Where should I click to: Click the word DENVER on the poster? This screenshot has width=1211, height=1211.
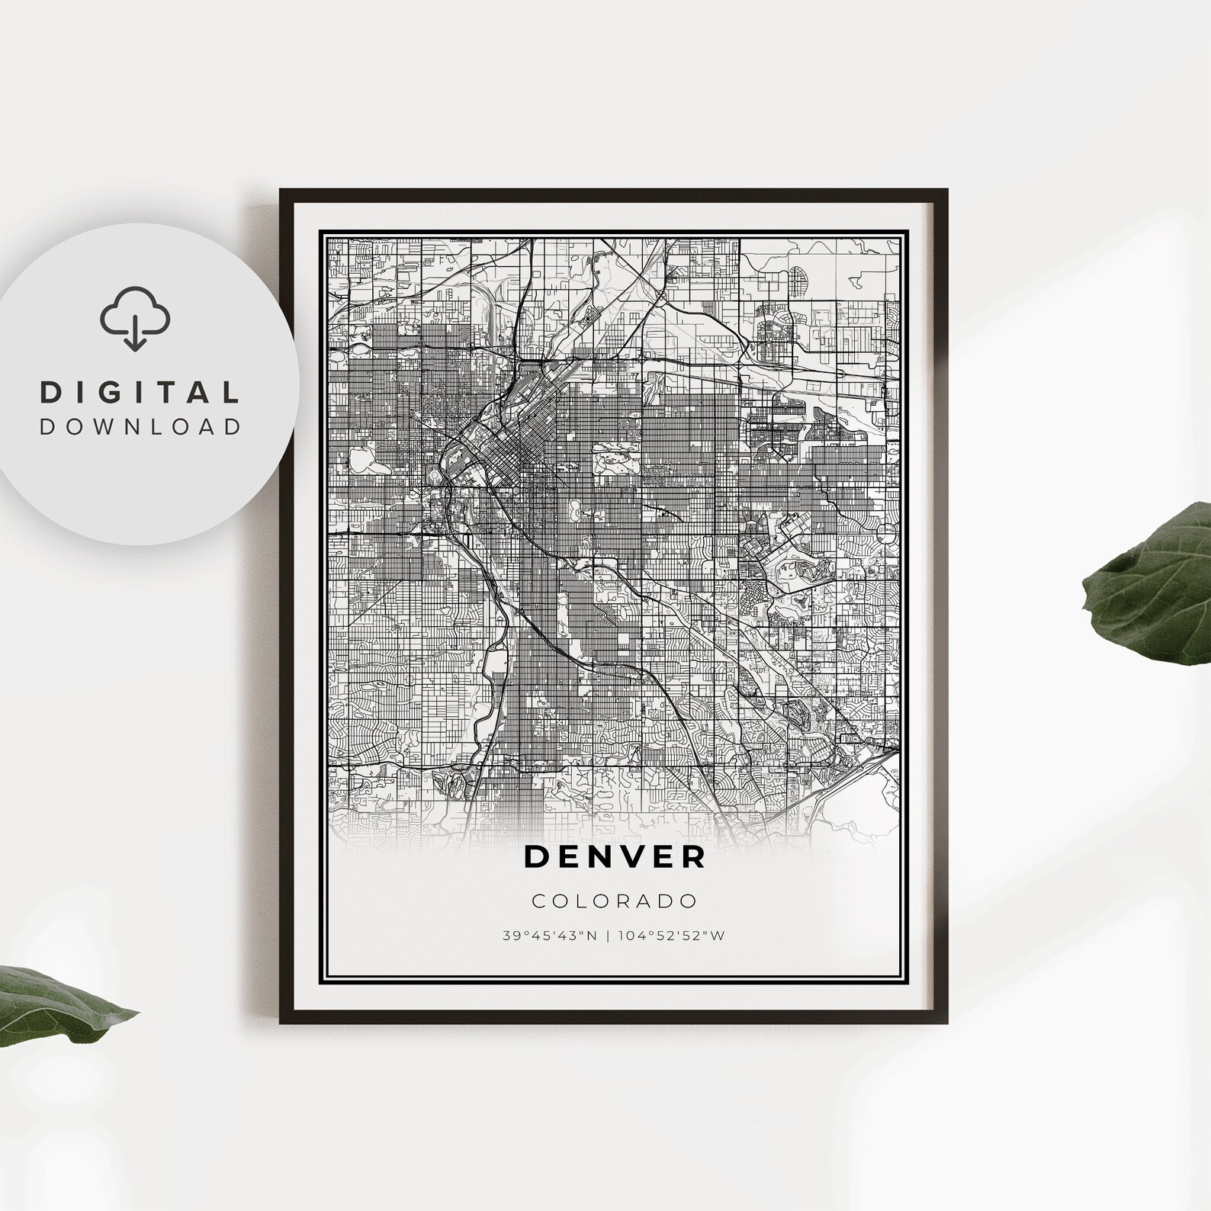pos(615,856)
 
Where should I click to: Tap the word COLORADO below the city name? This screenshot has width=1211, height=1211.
pos(615,901)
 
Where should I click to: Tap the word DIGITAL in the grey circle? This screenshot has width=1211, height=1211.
pos(140,393)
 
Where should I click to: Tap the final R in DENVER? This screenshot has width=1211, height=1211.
pos(695,856)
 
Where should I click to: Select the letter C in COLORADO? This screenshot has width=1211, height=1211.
pos(538,901)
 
